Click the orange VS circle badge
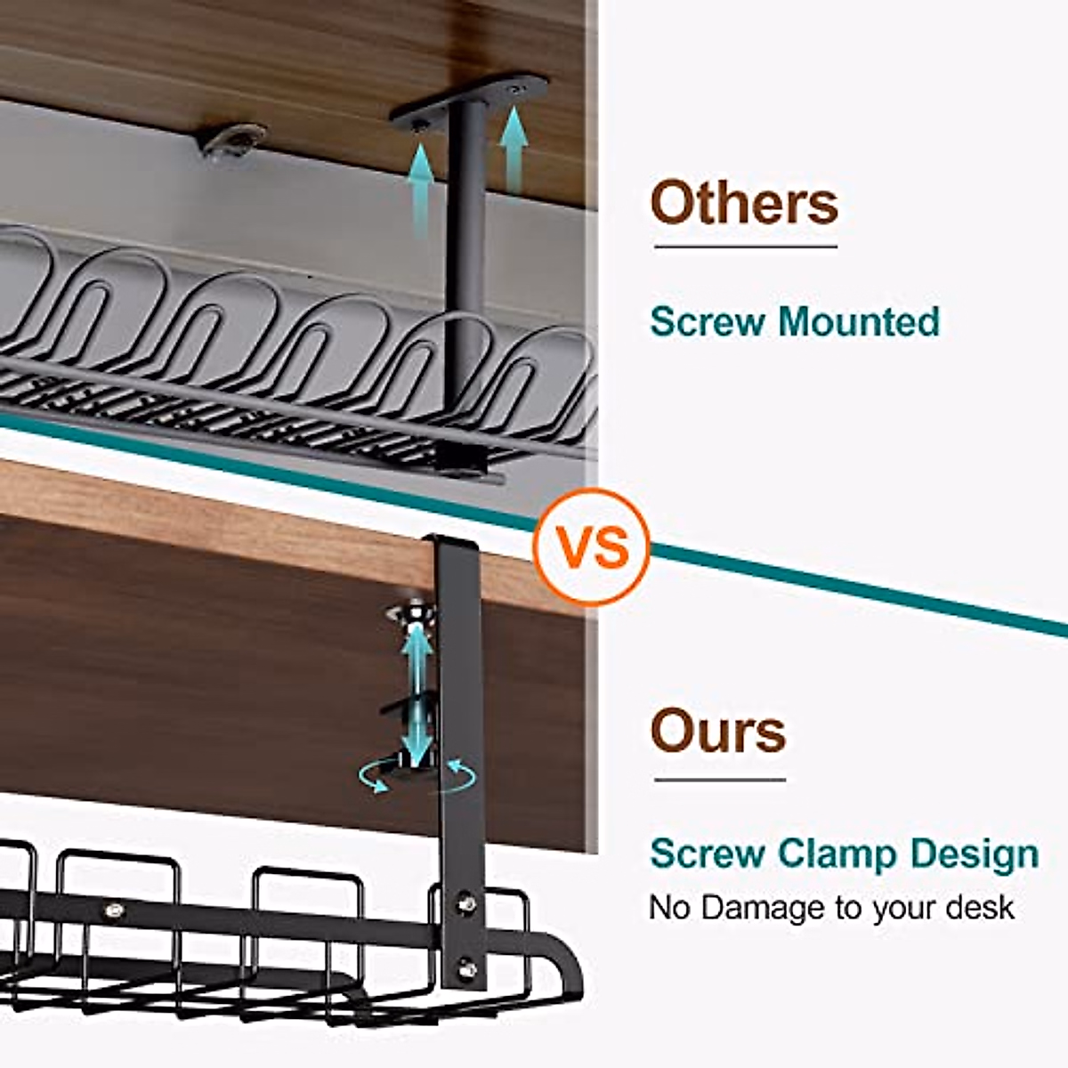591,546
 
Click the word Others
744,203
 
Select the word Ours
718,732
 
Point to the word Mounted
859,321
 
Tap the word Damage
764,908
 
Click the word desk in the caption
979,908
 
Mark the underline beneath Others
745,247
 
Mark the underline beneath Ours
719,781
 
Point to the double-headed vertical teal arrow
416,685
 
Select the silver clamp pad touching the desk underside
411,613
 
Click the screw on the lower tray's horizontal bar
114,910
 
